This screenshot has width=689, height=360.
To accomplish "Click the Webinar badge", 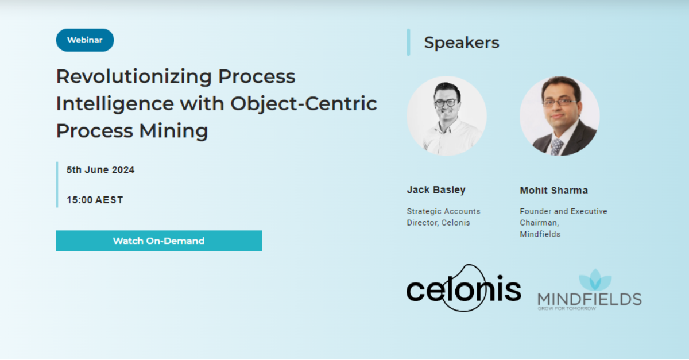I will (84, 40).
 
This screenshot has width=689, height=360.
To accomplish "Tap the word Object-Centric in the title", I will (303, 104).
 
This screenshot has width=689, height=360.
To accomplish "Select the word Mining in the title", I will (173, 131).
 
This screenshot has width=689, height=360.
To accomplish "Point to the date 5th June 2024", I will (100, 170).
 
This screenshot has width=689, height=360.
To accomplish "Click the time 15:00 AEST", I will (95, 200).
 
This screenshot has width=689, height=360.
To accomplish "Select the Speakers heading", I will (461, 42).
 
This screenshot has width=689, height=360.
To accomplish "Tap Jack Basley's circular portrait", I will (447, 116).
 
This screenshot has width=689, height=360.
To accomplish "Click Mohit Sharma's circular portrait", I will (559, 116).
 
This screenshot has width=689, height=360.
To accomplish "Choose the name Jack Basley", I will (436, 190).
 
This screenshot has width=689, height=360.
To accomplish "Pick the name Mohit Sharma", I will (553, 191).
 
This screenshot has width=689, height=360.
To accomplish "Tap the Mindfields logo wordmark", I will (589, 299).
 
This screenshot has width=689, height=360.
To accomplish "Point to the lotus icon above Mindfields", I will (595, 280).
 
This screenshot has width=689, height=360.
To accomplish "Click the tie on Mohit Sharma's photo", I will (555, 146).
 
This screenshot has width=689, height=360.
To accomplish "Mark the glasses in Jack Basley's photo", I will (446, 103).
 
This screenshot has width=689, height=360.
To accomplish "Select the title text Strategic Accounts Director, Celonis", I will (443, 217).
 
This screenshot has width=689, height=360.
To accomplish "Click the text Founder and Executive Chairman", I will (563, 217).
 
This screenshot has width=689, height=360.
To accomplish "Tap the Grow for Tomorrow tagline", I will (566, 308).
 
